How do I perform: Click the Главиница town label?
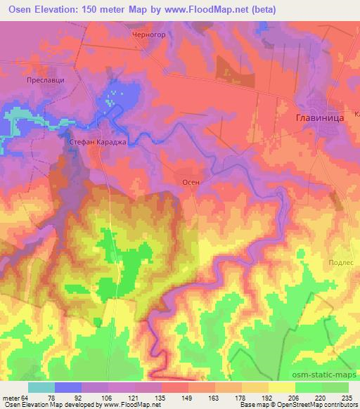tap(318, 119)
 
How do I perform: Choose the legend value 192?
tap(269, 396)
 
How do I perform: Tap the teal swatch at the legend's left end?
tap(41, 387)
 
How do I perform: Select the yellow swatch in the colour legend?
tap(282, 387)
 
